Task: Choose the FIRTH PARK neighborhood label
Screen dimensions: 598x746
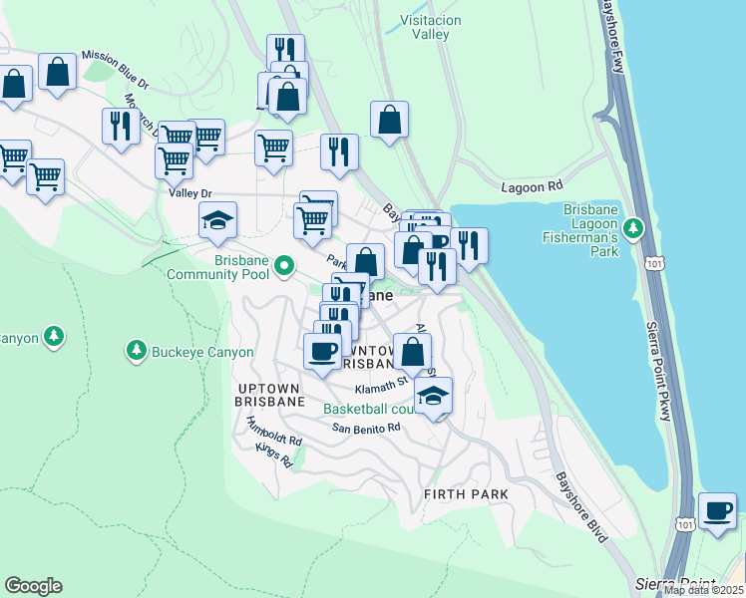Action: [x=466, y=494]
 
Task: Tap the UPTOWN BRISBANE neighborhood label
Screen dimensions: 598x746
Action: [x=271, y=393]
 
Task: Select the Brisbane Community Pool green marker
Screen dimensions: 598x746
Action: [x=284, y=266]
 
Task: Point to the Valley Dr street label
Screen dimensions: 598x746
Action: [x=190, y=193]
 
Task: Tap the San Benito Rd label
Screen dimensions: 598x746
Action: [x=366, y=428]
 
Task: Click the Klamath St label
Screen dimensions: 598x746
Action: [x=388, y=380]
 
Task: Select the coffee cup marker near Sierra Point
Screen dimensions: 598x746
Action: [x=717, y=511]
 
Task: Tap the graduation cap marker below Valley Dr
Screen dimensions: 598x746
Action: [x=217, y=221]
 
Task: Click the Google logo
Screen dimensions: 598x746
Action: [x=33, y=586]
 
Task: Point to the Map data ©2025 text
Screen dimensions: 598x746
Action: [x=703, y=590]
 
